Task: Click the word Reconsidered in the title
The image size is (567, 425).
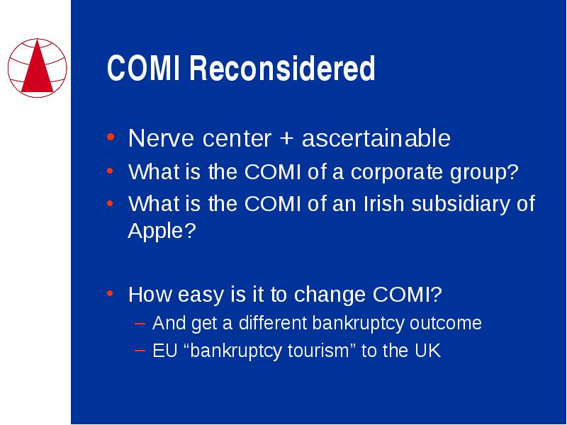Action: click(x=282, y=68)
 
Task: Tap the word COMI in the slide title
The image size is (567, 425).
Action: click(x=143, y=68)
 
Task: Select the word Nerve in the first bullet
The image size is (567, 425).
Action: click(x=161, y=138)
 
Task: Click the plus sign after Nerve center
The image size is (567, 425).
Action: click(x=286, y=138)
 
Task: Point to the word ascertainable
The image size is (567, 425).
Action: click(x=376, y=137)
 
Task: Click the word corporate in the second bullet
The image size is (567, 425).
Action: click(x=396, y=172)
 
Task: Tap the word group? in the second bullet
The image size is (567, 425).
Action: click(x=484, y=172)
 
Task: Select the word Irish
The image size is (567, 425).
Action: click(x=383, y=203)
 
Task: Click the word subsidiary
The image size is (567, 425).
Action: click(x=460, y=203)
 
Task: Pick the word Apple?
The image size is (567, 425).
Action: click(x=162, y=231)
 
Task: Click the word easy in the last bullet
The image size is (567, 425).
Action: click(x=201, y=295)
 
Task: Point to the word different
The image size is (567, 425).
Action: click(x=273, y=323)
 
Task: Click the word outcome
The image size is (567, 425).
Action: click(x=446, y=323)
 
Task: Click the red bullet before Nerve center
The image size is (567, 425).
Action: click(x=111, y=137)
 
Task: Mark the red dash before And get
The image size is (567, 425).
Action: click(x=140, y=323)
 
